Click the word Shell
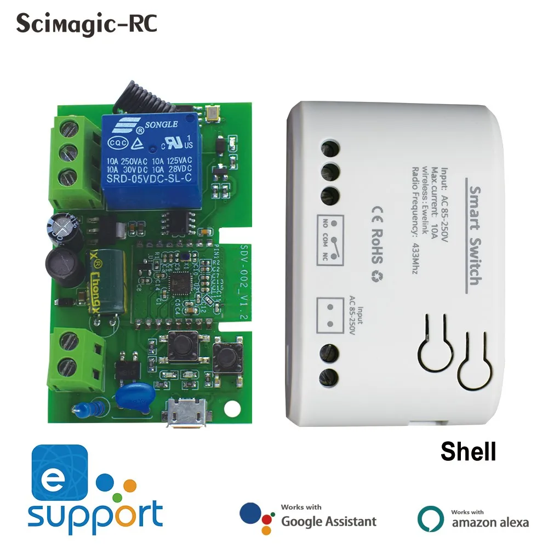coord(468,452)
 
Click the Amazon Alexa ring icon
coord(430,517)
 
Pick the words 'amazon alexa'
coord(490,522)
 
